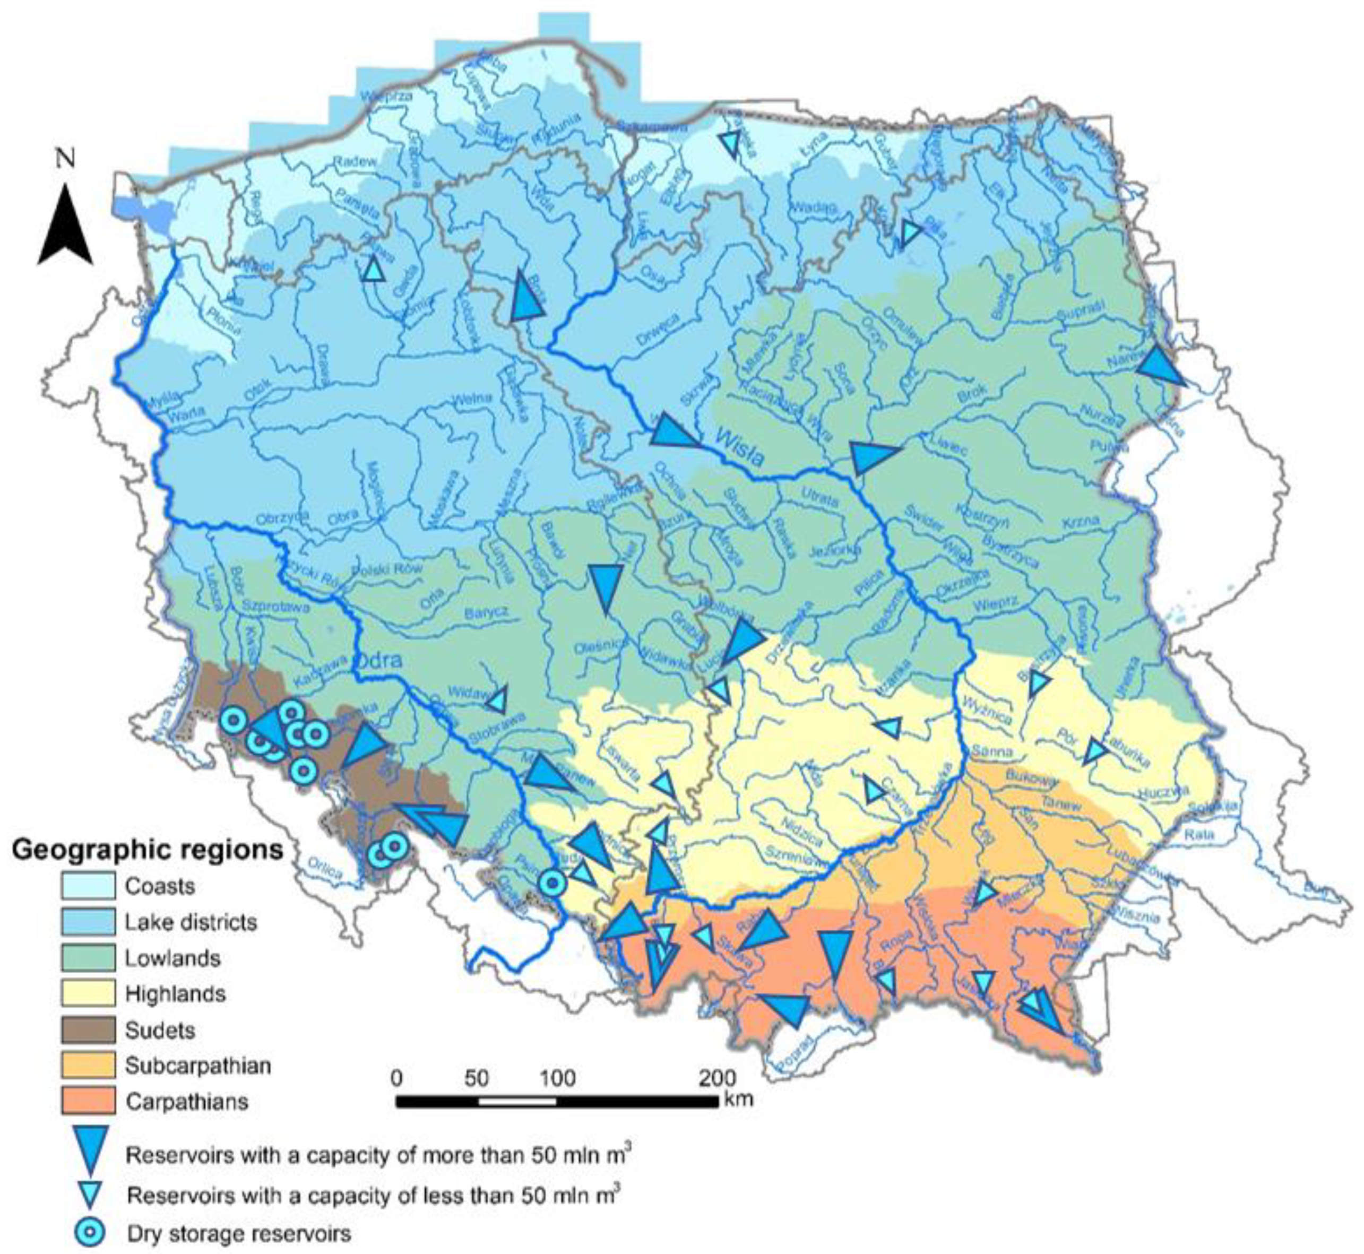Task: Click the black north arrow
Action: click(x=65, y=227)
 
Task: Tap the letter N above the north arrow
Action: click(x=65, y=159)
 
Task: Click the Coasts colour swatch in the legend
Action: click(x=87, y=886)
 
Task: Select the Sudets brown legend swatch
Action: click(x=87, y=1030)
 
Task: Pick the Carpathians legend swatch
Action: click(x=87, y=1101)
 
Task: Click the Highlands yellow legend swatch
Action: click(x=87, y=994)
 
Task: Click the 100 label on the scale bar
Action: click(x=557, y=1078)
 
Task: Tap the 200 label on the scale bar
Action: click(x=717, y=1078)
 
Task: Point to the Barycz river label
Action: click(x=487, y=613)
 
